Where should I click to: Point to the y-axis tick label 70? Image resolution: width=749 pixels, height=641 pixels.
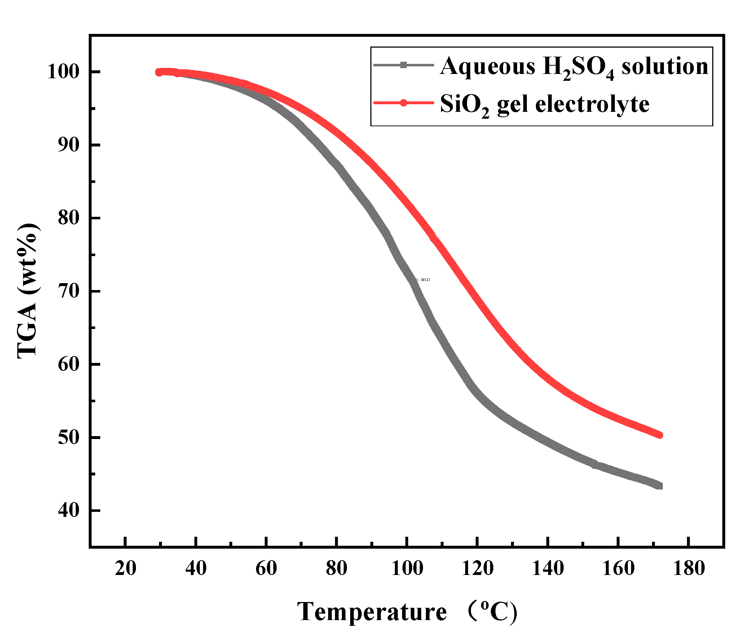[69, 291]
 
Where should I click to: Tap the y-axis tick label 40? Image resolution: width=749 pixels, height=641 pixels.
[69, 510]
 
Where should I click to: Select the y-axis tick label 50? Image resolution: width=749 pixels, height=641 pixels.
[69, 438]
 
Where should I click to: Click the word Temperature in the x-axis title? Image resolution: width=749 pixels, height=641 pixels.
[372, 612]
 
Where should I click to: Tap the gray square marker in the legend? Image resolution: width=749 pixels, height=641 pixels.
[404, 65]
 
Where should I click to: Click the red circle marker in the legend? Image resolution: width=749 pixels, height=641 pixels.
[404, 103]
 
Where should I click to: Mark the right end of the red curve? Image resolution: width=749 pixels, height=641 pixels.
[660, 435]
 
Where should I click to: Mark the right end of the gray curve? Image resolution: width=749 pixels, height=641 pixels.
[659, 486]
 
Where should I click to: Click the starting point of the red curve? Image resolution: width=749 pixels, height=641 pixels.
[159, 72]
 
